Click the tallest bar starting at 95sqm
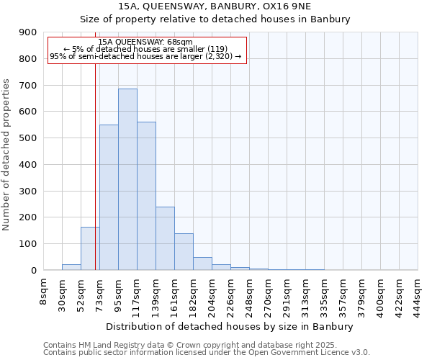[127, 179]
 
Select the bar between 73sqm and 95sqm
[109, 197]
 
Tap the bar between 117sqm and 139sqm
[146, 196]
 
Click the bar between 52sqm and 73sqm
[90, 248]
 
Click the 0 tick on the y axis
[33, 270]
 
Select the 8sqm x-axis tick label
[44, 292]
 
